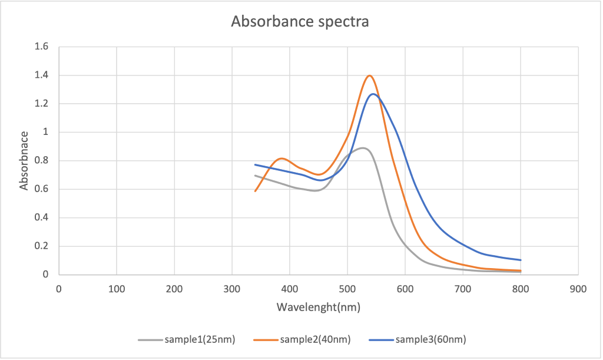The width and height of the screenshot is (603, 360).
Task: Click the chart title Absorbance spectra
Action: tap(300, 22)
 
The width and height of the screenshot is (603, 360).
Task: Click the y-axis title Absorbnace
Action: tap(24, 160)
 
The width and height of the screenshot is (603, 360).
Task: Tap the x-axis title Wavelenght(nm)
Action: tap(318, 307)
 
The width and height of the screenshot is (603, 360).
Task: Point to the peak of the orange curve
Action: tap(370, 75)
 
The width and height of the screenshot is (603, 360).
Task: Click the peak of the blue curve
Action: tap(373, 94)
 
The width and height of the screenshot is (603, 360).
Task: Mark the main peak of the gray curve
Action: tap(363, 147)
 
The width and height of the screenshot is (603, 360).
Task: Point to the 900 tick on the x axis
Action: tap(578, 289)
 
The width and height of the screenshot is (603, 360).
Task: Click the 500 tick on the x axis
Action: tap(347, 289)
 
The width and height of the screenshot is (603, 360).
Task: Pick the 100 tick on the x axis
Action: tap(117, 289)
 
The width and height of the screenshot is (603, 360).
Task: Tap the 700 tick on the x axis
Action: tap(463, 289)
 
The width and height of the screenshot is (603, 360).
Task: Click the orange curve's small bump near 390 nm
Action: tap(283, 158)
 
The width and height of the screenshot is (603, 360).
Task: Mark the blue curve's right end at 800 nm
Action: tap(521, 260)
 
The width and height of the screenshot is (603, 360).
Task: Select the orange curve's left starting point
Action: tap(255, 191)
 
